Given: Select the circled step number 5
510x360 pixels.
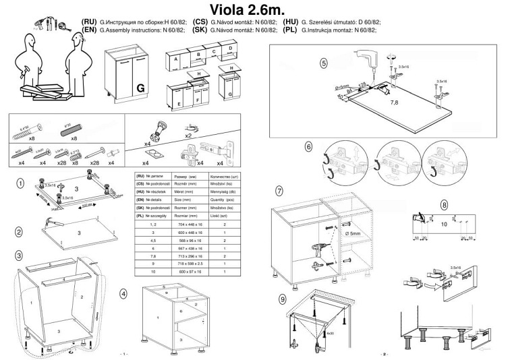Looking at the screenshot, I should tap(324, 65).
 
